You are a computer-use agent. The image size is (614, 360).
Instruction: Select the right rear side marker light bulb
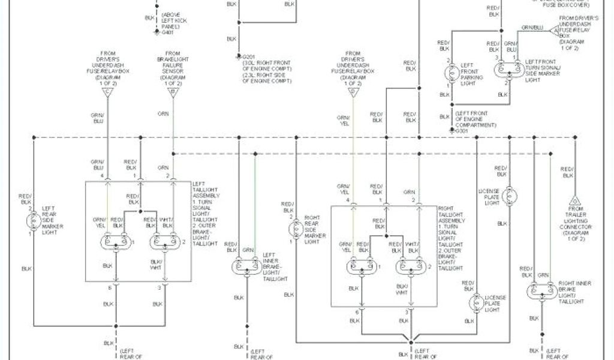pos(294,229)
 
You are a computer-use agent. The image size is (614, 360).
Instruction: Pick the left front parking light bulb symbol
pos(451,74)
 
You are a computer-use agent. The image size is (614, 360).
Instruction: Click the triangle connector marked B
pos(173,93)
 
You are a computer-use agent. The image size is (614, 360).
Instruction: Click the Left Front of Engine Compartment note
pos(475,119)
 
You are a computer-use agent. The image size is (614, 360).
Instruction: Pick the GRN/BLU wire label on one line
pos(532,28)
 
